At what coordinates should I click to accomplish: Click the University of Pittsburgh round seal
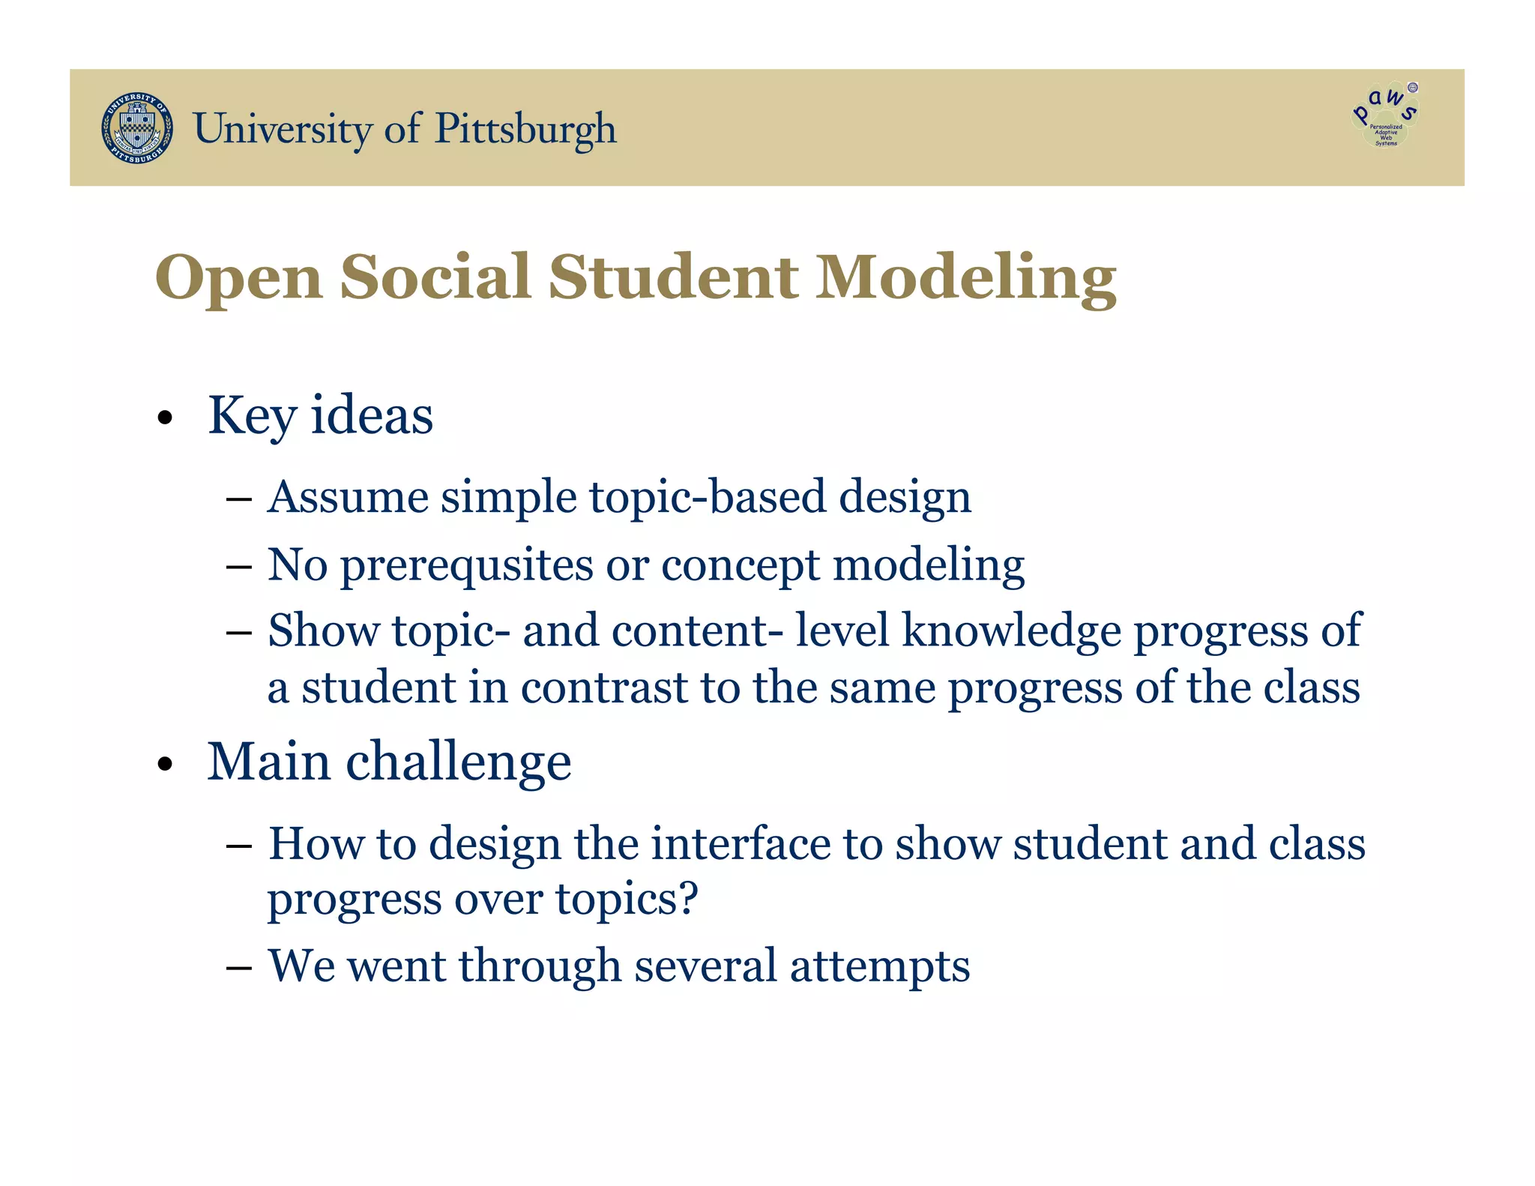pos(137,128)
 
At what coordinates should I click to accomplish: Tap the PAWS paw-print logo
pos(1386,115)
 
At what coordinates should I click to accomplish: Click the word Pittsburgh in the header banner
pos(525,129)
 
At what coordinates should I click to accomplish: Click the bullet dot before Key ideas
pos(166,418)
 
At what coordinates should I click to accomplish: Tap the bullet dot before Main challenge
pos(166,765)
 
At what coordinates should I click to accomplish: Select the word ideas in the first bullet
pos(372,415)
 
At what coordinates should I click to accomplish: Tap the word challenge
pos(458,763)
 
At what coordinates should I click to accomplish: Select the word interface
pos(741,843)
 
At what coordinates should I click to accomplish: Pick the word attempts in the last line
pos(880,966)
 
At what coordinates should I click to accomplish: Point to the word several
pos(705,965)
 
